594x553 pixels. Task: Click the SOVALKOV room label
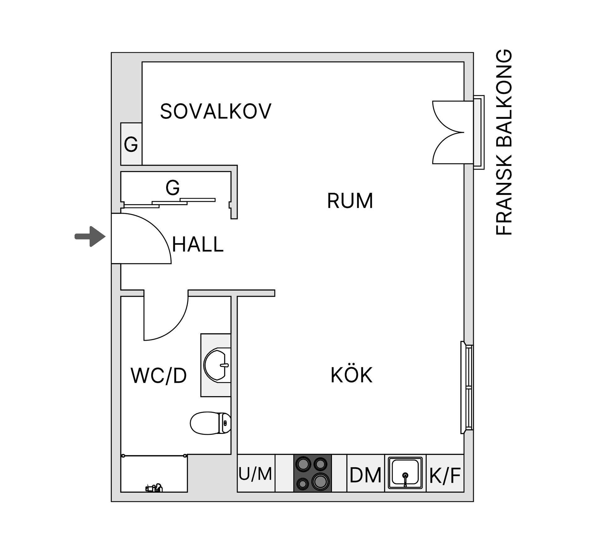pos(216,111)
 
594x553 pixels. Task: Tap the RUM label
pos(350,201)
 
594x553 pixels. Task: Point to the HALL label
pos(198,244)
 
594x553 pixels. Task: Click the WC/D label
pos(159,376)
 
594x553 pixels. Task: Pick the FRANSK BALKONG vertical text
pos(504,142)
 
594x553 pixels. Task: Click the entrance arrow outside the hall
pos(90,237)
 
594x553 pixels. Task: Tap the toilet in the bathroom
pos(210,423)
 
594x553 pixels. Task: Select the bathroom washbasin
pos(217,365)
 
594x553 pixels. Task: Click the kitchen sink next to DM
pos(405,473)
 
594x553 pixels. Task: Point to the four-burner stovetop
pos(312,473)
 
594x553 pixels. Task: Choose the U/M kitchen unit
pos(256,473)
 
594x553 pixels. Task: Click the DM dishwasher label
pos(365,475)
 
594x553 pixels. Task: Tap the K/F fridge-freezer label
pos(445,475)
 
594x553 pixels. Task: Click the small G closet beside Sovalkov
pos(131,144)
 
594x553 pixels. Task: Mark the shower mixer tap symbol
pos(154,488)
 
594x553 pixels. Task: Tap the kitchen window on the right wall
pos(467,387)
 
